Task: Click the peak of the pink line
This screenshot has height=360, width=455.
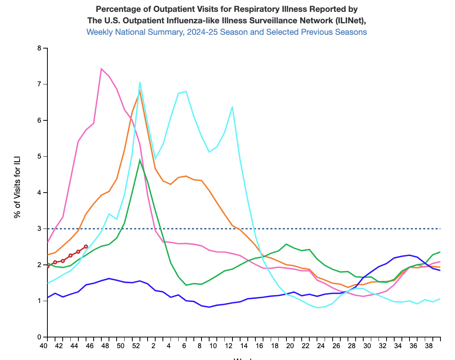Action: pyautogui.click(x=101, y=69)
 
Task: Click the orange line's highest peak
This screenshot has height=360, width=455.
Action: pyautogui.click(x=140, y=91)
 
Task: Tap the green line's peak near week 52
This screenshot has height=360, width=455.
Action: pyautogui.click(x=140, y=160)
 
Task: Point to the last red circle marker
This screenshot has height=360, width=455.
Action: pyautogui.click(x=86, y=246)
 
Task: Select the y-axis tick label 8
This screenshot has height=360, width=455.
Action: pyautogui.click(x=39, y=48)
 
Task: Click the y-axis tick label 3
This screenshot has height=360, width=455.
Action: pyautogui.click(x=39, y=229)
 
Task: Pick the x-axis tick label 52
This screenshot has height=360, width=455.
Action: pyautogui.click(x=136, y=346)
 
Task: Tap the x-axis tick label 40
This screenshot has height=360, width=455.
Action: pyautogui.click(x=44, y=346)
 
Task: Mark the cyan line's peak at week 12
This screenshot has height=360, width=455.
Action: pyautogui.click(x=232, y=107)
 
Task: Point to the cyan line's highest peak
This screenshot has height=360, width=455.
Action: pyautogui.click(x=140, y=82)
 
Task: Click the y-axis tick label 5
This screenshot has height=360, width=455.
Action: pyautogui.click(x=39, y=157)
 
